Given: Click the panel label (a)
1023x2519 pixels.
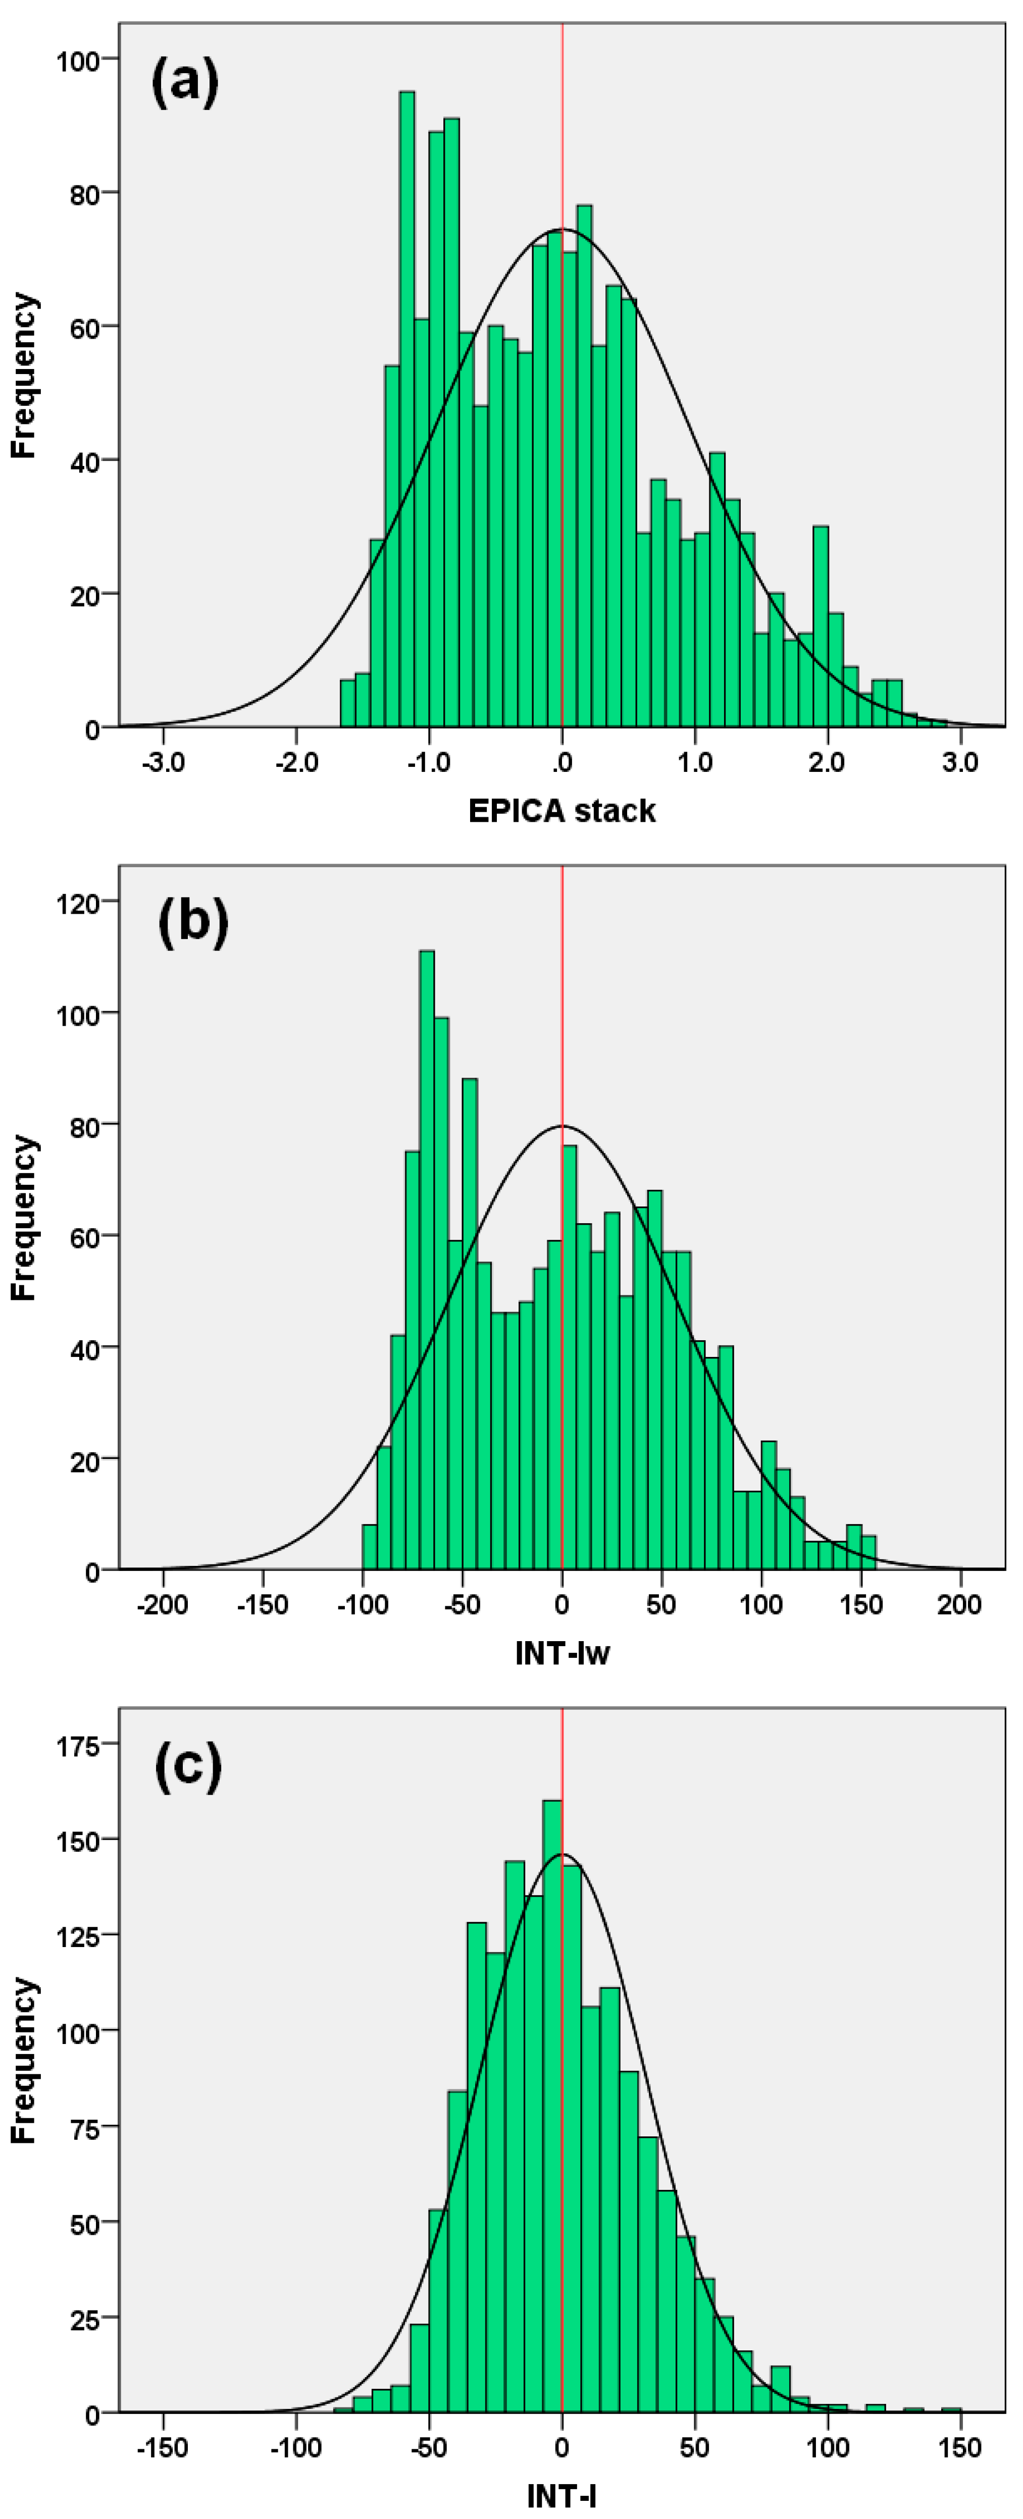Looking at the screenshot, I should [x=185, y=82].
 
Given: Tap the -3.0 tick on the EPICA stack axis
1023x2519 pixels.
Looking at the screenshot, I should [x=163, y=763].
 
